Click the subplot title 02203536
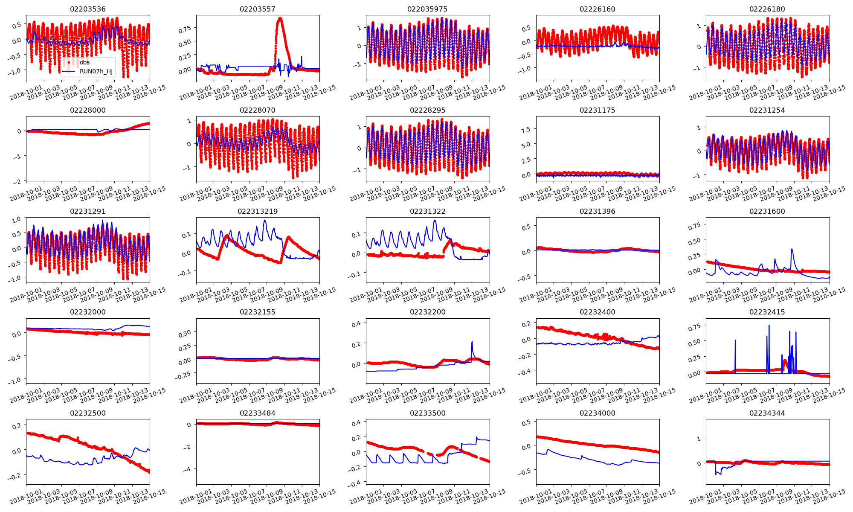point(88,9)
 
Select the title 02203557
point(258,9)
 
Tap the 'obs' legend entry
point(84,62)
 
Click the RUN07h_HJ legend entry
point(96,71)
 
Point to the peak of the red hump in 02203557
point(280,18)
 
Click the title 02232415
point(767,312)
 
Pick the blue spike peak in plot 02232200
point(472,341)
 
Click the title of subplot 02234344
point(767,413)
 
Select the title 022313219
point(258,211)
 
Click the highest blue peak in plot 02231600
point(792,249)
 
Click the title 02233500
point(427,413)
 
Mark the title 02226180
point(767,9)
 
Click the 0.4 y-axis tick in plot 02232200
point(356,324)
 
